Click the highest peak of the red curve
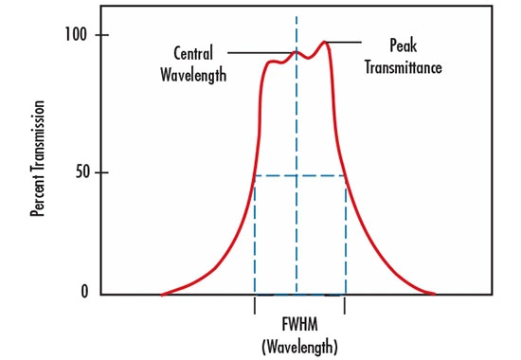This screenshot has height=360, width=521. (325, 42)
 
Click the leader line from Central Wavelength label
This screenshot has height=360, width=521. (260, 52)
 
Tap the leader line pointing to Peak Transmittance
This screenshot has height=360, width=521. (346, 42)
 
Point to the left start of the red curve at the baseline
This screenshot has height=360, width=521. (162, 294)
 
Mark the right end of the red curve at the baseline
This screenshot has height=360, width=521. (435, 294)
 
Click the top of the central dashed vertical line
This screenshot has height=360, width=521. (297, 17)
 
